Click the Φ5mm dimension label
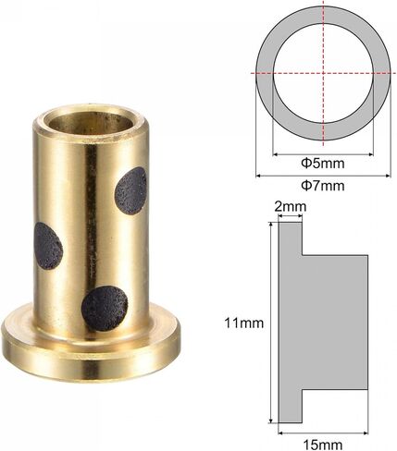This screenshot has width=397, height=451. (323, 163)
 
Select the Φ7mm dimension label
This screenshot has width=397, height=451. (323, 186)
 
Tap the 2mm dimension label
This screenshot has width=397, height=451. (291, 207)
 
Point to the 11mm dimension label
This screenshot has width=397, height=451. (244, 323)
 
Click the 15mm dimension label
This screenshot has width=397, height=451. (323, 445)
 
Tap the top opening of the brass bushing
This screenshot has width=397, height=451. (91, 122)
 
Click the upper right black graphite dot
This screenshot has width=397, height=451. (130, 191)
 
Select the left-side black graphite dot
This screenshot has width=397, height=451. (48, 246)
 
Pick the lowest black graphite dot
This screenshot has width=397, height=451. (105, 309)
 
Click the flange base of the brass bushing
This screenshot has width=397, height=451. (91, 348)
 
